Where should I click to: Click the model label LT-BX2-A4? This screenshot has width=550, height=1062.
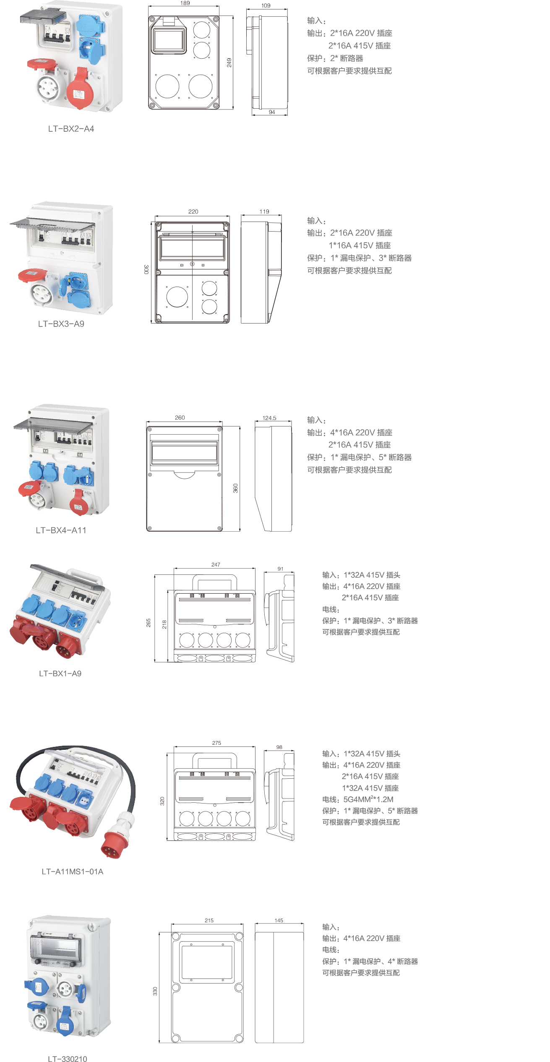[71, 129]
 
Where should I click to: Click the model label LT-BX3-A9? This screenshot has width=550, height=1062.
[61, 324]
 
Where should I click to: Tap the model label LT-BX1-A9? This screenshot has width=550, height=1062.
[60, 673]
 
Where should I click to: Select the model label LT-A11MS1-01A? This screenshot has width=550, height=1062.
[73, 872]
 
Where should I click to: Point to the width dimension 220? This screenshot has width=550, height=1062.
[193, 211]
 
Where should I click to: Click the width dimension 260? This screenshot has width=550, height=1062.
[180, 417]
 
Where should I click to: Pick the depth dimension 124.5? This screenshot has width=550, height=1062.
[269, 418]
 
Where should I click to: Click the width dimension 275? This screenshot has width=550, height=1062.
[216, 743]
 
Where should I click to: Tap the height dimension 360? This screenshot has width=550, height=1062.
[236, 488]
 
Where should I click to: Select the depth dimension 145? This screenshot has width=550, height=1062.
[279, 921]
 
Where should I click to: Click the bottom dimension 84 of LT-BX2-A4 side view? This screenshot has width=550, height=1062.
[272, 112]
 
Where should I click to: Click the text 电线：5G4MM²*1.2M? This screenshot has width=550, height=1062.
[358, 799]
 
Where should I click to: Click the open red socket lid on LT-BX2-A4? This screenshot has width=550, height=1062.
[42, 63]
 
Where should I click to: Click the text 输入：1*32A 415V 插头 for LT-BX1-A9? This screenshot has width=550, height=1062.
[361, 575]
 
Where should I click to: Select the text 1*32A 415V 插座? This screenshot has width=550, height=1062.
[370, 788]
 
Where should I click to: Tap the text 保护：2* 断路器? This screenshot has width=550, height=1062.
[335, 58]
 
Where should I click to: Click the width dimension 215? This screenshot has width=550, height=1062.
[209, 921]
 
